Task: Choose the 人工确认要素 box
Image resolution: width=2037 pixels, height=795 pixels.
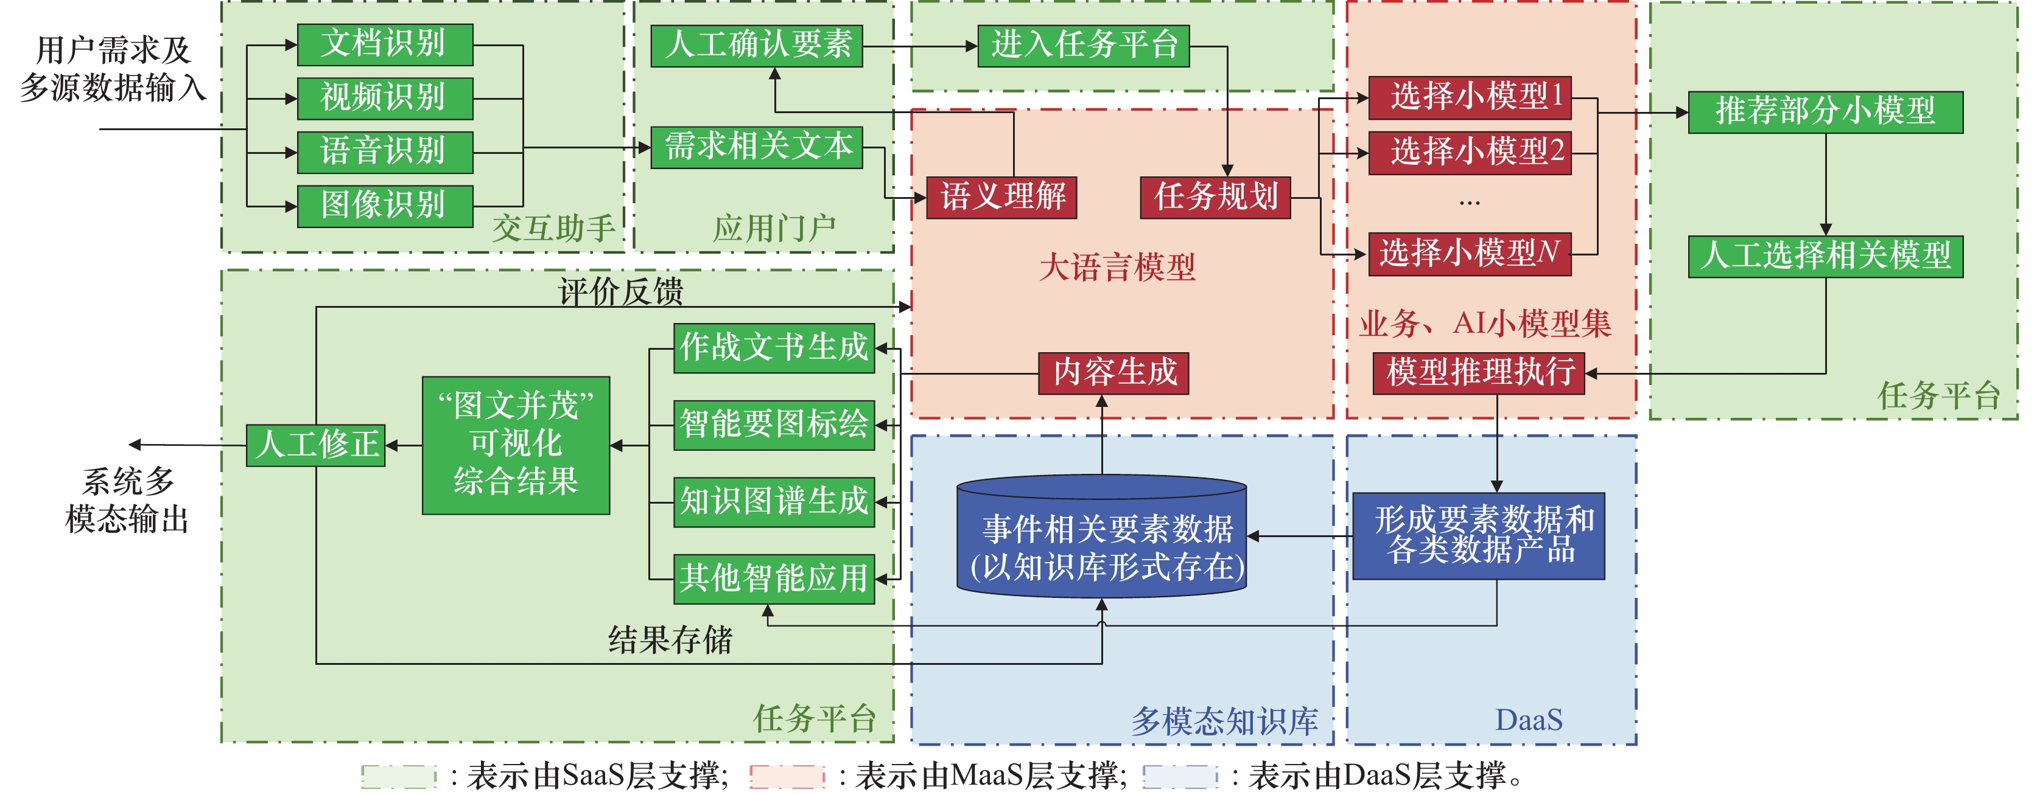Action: [756, 45]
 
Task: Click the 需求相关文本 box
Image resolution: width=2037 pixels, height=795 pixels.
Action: [756, 147]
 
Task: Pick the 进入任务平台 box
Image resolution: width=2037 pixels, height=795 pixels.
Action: [1084, 45]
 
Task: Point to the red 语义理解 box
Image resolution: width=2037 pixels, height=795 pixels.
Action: [1001, 197]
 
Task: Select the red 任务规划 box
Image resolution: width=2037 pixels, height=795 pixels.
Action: [1215, 197]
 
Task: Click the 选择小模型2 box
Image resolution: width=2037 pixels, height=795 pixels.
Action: [1469, 151]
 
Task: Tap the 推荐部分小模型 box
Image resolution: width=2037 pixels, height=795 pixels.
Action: [1825, 111]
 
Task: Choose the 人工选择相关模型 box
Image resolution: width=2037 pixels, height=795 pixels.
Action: [1825, 256]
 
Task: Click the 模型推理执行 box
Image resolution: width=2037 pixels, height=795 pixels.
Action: [1479, 372]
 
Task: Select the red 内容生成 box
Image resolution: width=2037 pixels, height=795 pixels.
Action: [1113, 372]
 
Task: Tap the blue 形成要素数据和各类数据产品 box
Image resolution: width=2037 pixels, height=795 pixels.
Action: [1478, 536]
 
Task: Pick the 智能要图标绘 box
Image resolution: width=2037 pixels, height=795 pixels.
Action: [773, 425]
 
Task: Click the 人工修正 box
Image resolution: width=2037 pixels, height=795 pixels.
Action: [315, 445]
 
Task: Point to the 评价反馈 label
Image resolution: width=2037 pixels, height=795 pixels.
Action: [621, 291]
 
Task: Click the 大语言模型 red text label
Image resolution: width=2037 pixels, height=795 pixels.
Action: [1117, 267]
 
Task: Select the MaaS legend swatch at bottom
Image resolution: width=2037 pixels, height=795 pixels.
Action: [787, 776]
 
